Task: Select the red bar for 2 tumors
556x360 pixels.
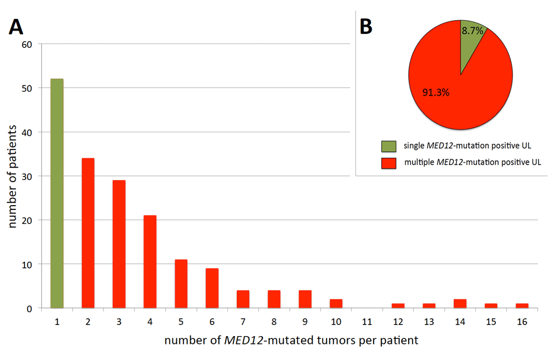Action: [88, 233]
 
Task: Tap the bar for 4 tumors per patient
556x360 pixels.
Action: [150, 262]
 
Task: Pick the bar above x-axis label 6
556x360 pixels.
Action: [212, 288]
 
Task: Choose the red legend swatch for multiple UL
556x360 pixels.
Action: [389, 163]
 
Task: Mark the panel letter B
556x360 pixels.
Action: [366, 27]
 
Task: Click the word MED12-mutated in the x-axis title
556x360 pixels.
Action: [256, 340]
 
